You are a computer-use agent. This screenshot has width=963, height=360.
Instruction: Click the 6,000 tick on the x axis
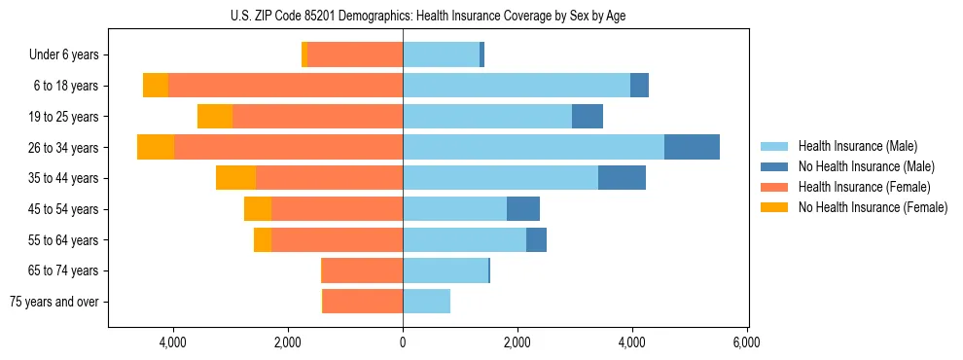pos(746,342)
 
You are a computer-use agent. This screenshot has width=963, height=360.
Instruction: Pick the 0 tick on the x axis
pos(403,342)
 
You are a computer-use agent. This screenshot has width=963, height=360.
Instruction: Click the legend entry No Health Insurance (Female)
pos(873,207)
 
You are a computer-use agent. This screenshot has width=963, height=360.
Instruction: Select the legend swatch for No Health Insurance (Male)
pos(774,166)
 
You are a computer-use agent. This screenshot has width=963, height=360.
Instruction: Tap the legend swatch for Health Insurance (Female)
pos(774,187)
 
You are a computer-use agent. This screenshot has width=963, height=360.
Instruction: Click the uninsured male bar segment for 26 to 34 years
pos(692,147)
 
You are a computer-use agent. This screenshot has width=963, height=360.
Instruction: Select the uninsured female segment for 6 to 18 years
pos(156,86)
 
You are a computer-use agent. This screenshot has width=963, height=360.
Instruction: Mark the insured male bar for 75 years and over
pos(426,302)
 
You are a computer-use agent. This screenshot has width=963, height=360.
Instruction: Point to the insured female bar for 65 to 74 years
pos(362,270)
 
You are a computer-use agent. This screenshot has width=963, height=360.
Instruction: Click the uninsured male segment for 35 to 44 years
pos(622,178)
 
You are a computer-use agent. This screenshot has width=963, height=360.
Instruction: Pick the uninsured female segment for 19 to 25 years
pos(215,117)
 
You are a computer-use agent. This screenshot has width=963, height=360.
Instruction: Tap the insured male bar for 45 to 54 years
pos(454,209)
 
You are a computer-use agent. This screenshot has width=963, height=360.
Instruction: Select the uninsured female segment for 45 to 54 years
pos(258,209)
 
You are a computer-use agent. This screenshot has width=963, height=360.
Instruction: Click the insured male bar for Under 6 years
pos(441,55)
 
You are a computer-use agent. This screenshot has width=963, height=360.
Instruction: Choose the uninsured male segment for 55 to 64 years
pos(536,240)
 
